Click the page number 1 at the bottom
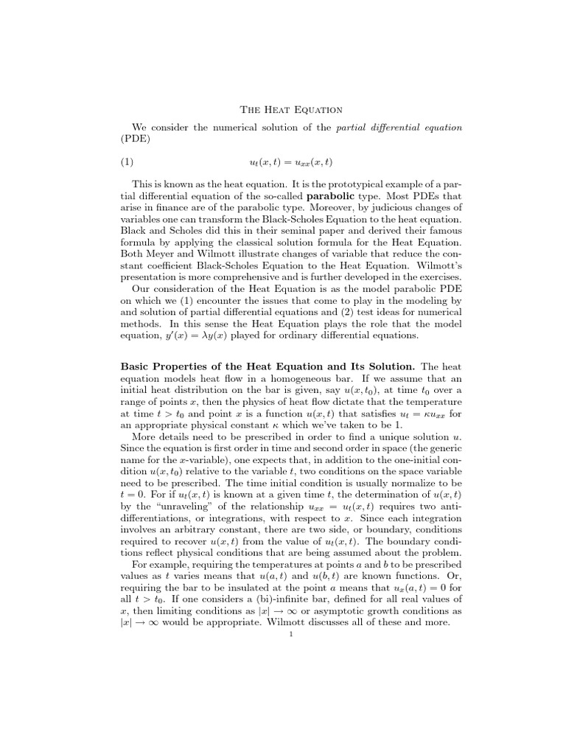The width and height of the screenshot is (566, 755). pos(293,637)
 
